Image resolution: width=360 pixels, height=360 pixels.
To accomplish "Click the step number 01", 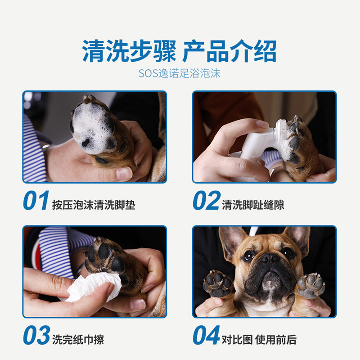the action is [x=36, y=200].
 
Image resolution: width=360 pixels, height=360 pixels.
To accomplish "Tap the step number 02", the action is [x=207, y=200].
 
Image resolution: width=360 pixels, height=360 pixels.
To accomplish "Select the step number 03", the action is [x=36, y=335].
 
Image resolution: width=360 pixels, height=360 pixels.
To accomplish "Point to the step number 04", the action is [x=207, y=335].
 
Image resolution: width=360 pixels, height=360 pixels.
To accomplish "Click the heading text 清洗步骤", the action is [x=129, y=51].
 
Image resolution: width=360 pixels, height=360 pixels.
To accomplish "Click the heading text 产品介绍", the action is [x=229, y=51].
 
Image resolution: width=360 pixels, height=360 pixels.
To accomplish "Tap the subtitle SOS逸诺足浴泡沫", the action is [x=180, y=73].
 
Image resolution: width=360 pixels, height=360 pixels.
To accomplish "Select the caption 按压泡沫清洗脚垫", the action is [x=94, y=205].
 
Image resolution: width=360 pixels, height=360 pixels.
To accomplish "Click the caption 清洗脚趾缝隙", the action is [x=253, y=205].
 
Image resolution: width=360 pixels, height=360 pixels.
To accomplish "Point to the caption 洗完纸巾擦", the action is [x=78, y=340].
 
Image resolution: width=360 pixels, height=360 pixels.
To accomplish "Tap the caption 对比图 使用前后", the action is [x=259, y=340].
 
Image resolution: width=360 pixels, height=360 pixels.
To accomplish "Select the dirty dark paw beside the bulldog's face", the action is [x=219, y=284].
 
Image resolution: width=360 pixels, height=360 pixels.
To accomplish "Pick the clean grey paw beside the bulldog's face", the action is [x=311, y=285].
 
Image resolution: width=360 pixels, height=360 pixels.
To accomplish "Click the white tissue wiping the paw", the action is [x=92, y=287].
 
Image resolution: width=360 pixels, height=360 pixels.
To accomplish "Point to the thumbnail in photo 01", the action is [x=124, y=173].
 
